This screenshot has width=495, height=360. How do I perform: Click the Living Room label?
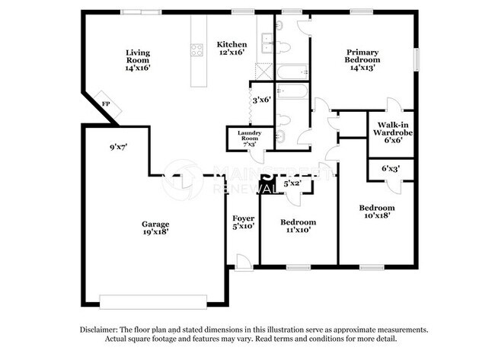click(x=138, y=59)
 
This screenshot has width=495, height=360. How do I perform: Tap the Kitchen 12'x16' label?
click(x=231, y=49)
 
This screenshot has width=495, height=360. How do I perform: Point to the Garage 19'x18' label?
click(x=155, y=228)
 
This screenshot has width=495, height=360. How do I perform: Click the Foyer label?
click(x=243, y=221)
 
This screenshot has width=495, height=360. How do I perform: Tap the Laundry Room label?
click(x=250, y=138)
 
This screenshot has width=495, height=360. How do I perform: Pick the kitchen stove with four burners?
click(x=196, y=51)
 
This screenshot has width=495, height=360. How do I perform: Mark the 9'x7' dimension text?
click(x=117, y=145)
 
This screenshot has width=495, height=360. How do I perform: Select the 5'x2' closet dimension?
click(x=292, y=183)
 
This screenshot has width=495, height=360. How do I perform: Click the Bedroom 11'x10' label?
click(x=298, y=226)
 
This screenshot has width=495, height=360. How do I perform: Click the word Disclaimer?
click(x=103, y=330)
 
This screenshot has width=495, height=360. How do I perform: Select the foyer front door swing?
click(x=243, y=261)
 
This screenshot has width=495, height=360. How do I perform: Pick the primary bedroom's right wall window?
click(x=417, y=59)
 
